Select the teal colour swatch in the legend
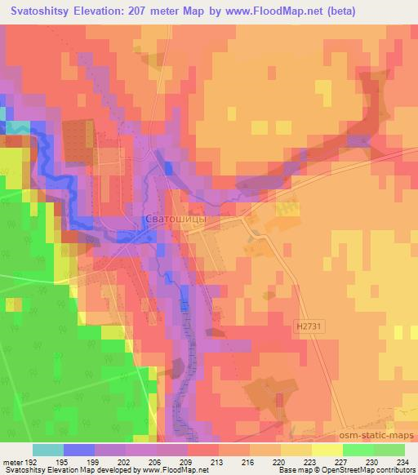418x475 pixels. coord(48,450)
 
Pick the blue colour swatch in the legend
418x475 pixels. coord(79,450)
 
